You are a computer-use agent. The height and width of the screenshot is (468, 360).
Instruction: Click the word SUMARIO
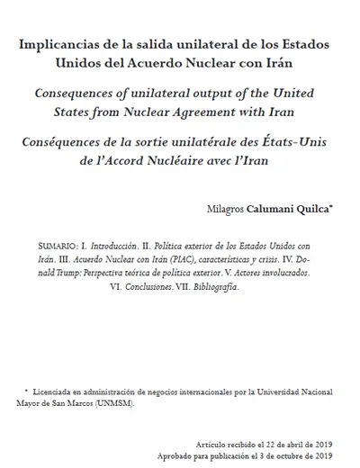(x=58, y=244)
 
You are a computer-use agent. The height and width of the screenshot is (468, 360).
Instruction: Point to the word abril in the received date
(x=290, y=445)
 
